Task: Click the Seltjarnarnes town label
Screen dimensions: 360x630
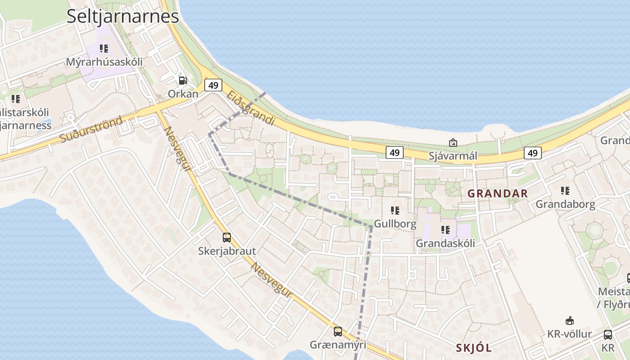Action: pyautogui.click(x=122, y=16)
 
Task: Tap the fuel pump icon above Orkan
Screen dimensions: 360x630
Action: pyautogui.click(x=183, y=81)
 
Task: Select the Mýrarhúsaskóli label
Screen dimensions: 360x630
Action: pyautogui.click(x=104, y=62)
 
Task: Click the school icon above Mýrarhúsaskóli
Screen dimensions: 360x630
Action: pyautogui.click(x=104, y=48)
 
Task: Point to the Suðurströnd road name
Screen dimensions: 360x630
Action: pyautogui.click(x=91, y=130)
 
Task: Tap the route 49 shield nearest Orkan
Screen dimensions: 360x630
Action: pyautogui.click(x=213, y=85)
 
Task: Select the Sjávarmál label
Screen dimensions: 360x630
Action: pyautogui.click(x=453, y=156)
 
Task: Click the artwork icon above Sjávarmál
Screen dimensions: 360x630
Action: pyautogui.click(x=453, y=143)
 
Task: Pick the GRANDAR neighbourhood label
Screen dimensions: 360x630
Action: pyautogui.click(x=497, y=193)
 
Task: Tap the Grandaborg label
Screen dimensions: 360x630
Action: pyautogui.click(x=565, y=204)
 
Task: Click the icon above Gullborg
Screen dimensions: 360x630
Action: pyautogui.click(x=395, y=210)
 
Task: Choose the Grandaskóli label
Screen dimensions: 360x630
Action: pyautogui.click(x=445, y=243)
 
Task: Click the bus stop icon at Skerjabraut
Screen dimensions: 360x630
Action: pyautogui.click(x=227, y=237)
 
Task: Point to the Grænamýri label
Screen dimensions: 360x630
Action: pyautogui.click(x=337, y=345)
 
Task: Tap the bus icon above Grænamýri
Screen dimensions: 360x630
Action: pyautogui.click(x=338, y=332)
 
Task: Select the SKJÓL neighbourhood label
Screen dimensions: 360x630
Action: pyautogui.click(x=474, y=348)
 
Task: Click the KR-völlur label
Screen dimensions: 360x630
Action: pyautogui.click(x=569, y=334)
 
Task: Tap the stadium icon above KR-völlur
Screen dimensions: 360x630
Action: pyautogui.click(x=569, y=320)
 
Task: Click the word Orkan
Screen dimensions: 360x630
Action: pyautogui.click(x=183, y=94)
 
